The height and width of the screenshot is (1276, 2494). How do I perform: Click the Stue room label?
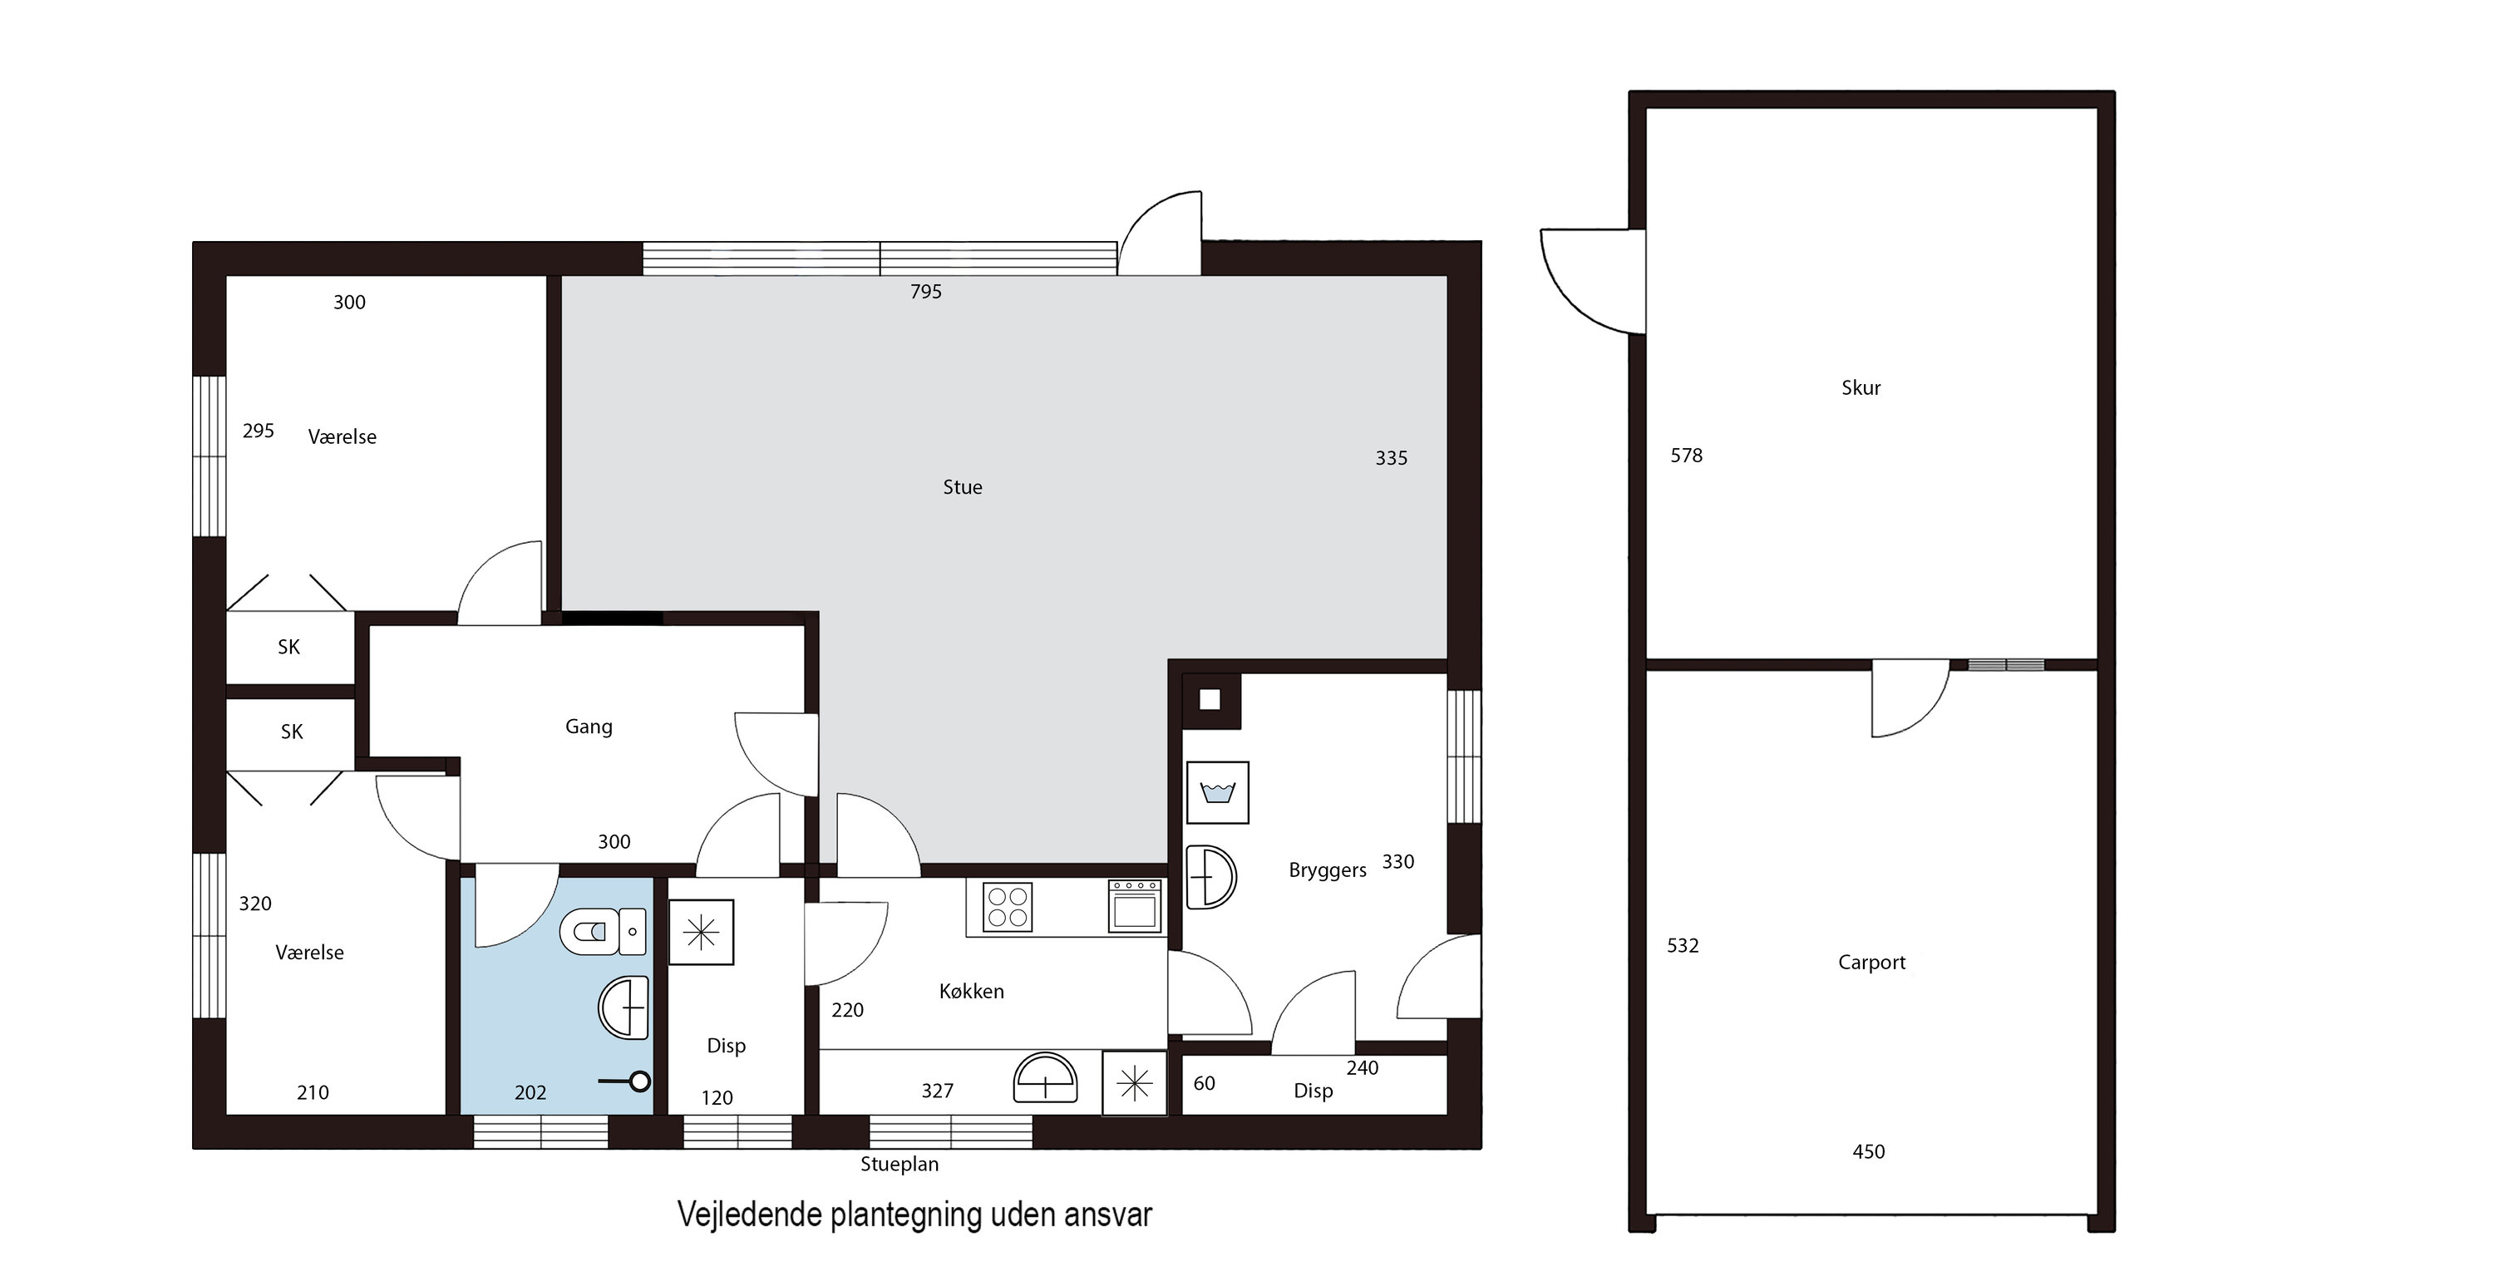click(x=963, y=487)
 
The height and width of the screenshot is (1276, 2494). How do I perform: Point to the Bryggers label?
click(x=1328, y=870)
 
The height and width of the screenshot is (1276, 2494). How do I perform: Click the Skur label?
click(x=1861, y=388)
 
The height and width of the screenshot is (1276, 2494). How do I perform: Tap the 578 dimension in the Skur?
click(x=1687, y=455)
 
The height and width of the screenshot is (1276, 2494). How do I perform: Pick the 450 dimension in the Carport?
click(x=1869, y=1151)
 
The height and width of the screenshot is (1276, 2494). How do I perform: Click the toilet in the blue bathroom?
click(x=604, y=931)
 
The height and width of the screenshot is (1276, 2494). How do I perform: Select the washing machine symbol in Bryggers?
click(x=1218, y=792)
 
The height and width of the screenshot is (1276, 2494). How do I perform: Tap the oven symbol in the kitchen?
click(x=1135, y=906)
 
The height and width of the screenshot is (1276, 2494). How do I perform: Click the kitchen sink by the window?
click(x=1046, y=1077)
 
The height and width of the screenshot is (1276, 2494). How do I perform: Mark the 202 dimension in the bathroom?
click(x=530, y=1093)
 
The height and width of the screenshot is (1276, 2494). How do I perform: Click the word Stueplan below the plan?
click(x=900, y=1165)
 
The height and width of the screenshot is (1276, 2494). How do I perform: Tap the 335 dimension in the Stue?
click(x=1392, y=458)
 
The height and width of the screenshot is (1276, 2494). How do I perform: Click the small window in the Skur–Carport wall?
click(x=2006, y=665)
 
